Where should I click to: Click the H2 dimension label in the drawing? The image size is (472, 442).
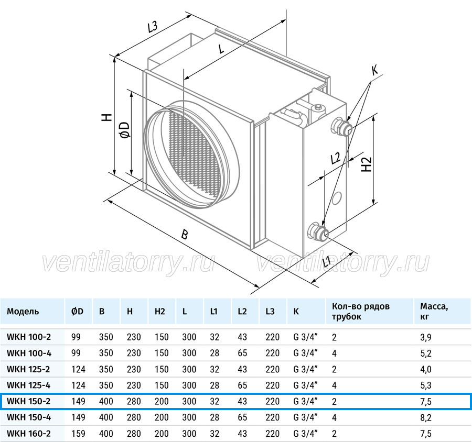[367, 164]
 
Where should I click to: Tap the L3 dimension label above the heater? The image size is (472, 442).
[153, 27]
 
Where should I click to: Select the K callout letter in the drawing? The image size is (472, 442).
[374, 71]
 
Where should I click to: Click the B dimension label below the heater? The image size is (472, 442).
[185, 234]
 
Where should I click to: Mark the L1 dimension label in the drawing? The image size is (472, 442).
[327, 261]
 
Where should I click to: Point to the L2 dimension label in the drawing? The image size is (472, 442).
[335, 158]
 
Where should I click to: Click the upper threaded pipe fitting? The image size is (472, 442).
[341, 127]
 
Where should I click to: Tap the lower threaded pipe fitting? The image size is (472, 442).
[318, 231]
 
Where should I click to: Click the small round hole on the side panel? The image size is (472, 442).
[337, 198]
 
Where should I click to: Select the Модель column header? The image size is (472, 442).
[23, 312]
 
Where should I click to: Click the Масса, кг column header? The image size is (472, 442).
[434, 312]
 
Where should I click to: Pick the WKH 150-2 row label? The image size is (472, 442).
[29, 401]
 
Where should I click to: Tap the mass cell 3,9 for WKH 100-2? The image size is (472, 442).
[426, 337]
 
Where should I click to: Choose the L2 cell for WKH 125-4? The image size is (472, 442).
[242, 385]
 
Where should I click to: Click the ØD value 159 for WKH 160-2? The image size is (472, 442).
[78, 434]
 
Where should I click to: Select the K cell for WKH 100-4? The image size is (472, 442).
[306, 353]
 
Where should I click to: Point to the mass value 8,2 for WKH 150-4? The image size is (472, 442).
[426, 417]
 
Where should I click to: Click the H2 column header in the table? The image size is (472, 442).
[160, 312]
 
